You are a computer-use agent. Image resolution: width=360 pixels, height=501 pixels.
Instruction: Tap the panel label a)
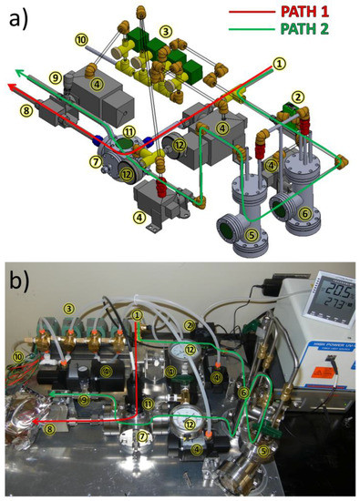[19, 17]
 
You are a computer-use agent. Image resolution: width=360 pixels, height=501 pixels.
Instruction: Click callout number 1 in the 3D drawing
[279, 63]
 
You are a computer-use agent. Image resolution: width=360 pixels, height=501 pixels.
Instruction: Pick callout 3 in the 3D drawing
[166, 31]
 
